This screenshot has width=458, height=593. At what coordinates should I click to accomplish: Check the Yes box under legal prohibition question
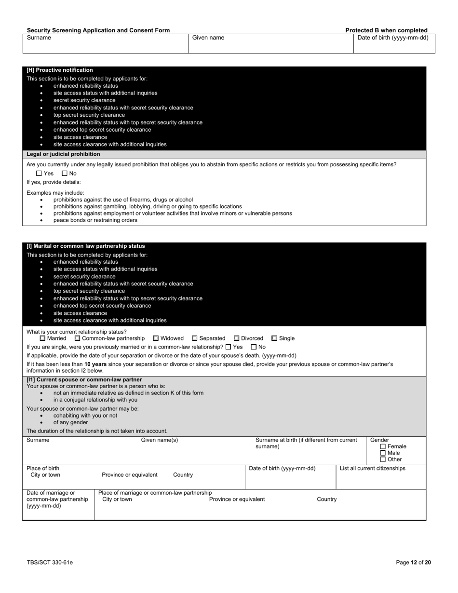[x=39, y=174]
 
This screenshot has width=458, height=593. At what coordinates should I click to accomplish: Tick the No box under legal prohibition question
[x=65, y=174]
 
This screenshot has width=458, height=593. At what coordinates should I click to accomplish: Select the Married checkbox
[x=42, y=338]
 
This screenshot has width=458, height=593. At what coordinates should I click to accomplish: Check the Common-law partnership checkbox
[x=77, y=338]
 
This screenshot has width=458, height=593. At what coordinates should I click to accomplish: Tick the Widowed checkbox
[x=156, y=338]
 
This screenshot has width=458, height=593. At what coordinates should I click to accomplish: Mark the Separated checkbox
[x=195, y=338]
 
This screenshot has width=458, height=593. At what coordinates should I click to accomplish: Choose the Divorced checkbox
[x=236, y=338]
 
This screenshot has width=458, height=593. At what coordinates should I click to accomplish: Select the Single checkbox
[x=274, y=338]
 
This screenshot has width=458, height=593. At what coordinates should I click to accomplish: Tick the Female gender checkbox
[x=383, y=446]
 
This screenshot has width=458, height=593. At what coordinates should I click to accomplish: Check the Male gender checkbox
[x=383, y=453]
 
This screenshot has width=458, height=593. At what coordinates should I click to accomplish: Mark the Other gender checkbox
[x=383, y=459]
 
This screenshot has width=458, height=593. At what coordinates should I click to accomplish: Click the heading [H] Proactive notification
[x=60, y=70]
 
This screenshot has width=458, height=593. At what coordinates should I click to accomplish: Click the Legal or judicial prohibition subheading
[x=63, y=154]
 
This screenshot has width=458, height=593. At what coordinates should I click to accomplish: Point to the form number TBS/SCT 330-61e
[x=50, y=562]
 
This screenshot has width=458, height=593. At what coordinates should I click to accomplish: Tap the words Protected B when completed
[x=386, y=30]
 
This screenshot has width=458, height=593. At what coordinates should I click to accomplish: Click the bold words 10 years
[x=95, y=364]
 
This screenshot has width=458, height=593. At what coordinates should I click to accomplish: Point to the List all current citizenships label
[x=372, y=469]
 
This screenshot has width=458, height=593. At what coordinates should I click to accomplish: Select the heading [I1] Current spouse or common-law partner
[x=84, y=380]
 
